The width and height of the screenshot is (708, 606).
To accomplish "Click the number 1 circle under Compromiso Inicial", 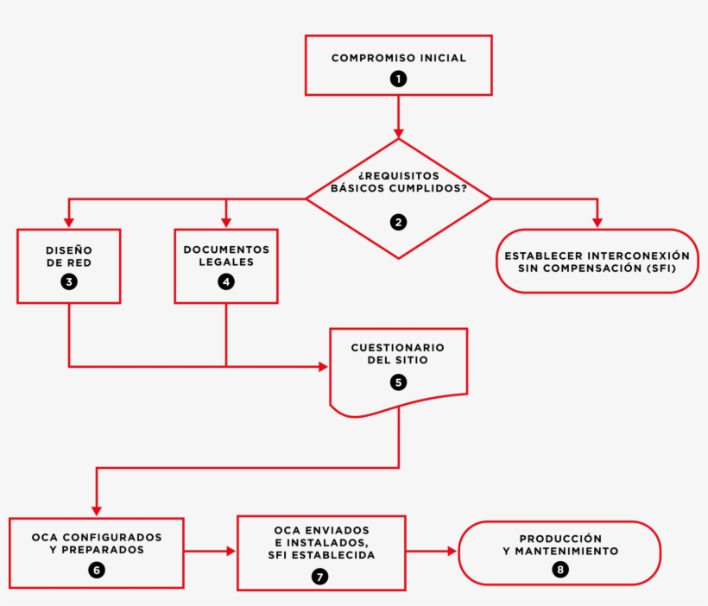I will (398, 79).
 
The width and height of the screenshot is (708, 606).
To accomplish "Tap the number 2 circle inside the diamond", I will (398, 222).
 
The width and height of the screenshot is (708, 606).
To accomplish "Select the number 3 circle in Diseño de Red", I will (68, 281).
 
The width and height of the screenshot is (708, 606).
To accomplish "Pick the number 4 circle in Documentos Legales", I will (226, 281).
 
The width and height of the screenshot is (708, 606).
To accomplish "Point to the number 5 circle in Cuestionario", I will (398, 381).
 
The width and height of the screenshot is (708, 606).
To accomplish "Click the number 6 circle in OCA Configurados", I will (97, 570).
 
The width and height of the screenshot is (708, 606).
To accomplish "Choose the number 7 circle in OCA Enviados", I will (320, 577).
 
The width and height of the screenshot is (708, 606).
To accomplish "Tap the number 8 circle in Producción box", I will (560, 570).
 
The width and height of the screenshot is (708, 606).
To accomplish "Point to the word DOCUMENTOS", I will (226, 249).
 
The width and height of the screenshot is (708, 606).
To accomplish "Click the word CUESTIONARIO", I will (398, 347).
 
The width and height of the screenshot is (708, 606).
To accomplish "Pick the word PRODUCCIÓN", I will (560, 538).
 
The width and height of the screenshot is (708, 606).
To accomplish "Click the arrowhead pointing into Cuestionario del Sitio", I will (323, 367).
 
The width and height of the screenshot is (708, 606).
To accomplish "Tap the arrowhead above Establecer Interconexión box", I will (597, 223).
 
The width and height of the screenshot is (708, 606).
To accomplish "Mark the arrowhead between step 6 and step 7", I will (231, 550).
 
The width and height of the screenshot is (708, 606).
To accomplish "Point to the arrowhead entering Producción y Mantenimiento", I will (452, 550).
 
